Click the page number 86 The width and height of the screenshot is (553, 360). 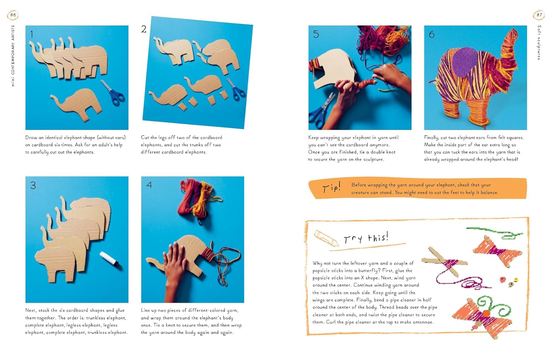pos(13,15)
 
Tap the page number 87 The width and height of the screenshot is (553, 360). pos(539,15)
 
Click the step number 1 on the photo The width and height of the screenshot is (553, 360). pos(32,34)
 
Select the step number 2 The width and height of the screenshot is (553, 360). pos(144,29)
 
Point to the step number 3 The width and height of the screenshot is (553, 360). pos(33,185)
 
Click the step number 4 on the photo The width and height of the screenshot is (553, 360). pos(149,185)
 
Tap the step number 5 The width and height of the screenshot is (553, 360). pos(316,34)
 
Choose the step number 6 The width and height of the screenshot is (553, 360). pos(432,34)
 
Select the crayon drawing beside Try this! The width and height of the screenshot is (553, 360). pos(326,238)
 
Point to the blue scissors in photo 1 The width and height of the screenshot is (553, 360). pos(113,92)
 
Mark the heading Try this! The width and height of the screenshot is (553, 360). pos(366,238)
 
